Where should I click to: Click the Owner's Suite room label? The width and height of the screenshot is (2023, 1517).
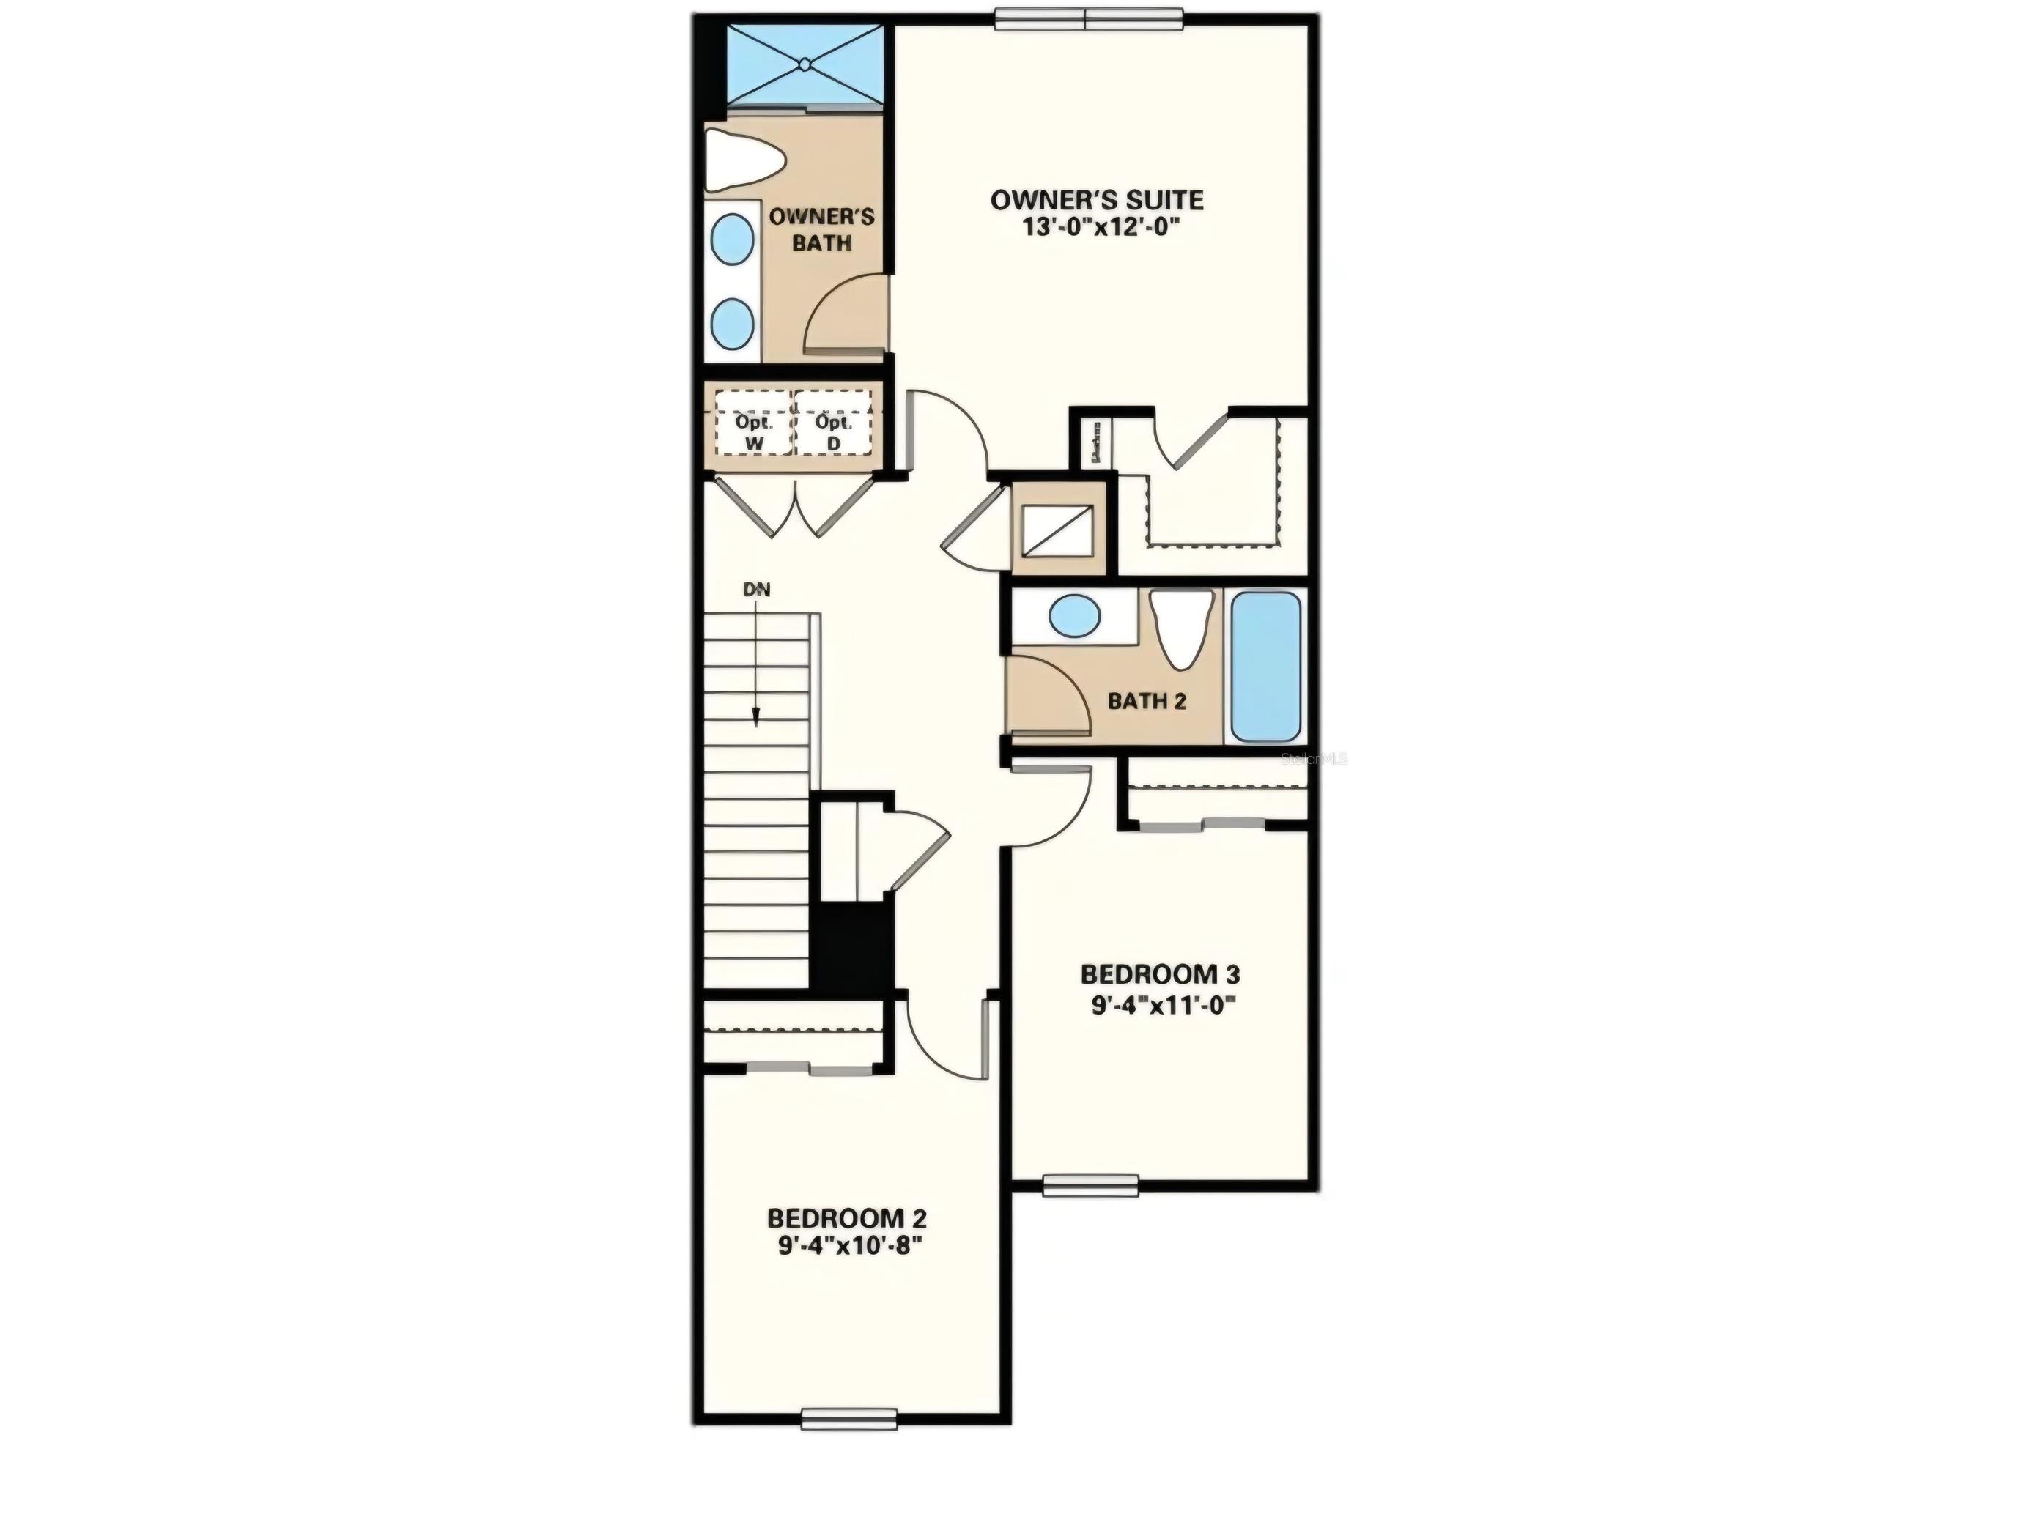(x=1097, y=199)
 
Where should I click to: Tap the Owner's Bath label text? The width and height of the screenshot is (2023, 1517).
(x=821, y=229)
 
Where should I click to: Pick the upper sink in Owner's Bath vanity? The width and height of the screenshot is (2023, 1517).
(x=733, y=240)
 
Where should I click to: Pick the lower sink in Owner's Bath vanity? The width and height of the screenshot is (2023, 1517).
(x=733, y=323)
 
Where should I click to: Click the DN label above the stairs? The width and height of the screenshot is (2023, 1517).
(x=756, y=590)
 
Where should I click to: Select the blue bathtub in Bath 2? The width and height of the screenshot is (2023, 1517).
(x=1265, y=667)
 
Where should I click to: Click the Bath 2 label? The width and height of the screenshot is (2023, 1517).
(x=1147, y=701)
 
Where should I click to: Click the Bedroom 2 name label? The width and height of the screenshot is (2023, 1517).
(x=846, y=1218)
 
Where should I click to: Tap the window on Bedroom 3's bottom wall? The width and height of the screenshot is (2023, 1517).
(x=1090, y=1185)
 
